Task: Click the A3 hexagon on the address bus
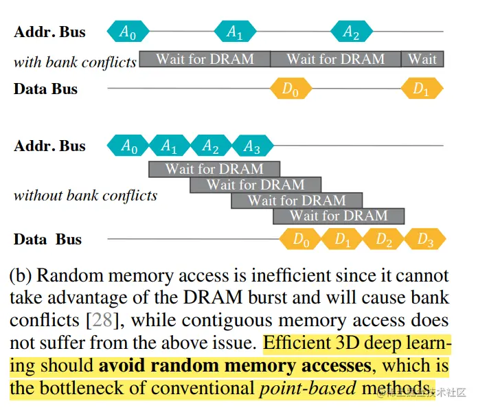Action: pyautogui.click(x=252, y=146)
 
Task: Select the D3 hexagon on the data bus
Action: pyautogui.click(x=424, y=240)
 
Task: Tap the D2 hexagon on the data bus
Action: pyautogui.click(x=383, y=240)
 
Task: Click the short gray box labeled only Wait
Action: pyautogui.click(x=422, y=59)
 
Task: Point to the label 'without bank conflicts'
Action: pyautogui.click(x=85, y=195)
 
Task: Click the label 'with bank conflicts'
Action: pyautogui.click(x=75, y=62)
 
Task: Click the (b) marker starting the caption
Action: pyautogui.click(x=21, y=276)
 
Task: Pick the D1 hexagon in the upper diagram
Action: pyautogui.click(x=422, y=89)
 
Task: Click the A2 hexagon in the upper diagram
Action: pyautogui.click(x=351, y=32)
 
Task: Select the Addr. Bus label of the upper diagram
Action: pyautogui.click(x=49, y=32)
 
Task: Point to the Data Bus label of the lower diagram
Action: pyautogui.click(x=47, y=240)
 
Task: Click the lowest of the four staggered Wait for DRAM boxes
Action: pyautogui.click(x=338, y=216)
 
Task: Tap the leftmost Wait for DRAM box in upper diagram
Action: pyautogui.click(x=205, y=59)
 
